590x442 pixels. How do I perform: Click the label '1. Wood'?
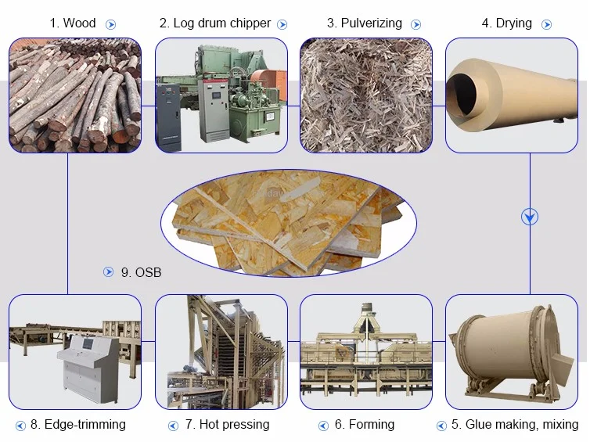point(73,23)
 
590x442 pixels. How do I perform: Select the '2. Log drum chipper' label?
point(215,23)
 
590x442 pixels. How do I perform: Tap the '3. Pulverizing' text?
point(365,23)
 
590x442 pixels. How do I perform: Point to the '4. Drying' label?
point(506,23)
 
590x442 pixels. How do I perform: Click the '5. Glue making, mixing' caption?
point(521,425)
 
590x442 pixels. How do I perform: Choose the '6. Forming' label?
point(365,425)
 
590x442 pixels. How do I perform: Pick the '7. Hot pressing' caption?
point(227,425)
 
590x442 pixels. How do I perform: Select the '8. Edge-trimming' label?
point(78,425)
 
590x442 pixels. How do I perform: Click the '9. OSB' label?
point(141,272)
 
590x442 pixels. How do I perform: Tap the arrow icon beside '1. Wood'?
point(110,24)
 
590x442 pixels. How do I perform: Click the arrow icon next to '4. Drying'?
point(546,24)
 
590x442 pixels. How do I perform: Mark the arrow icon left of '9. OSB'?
point(109,272)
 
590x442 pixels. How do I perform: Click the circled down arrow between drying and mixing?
point(530,217)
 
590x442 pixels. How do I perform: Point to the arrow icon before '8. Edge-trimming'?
point(20,426)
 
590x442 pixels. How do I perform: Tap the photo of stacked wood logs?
point(75,95)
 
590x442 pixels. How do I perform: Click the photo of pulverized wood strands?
point(365,95)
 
